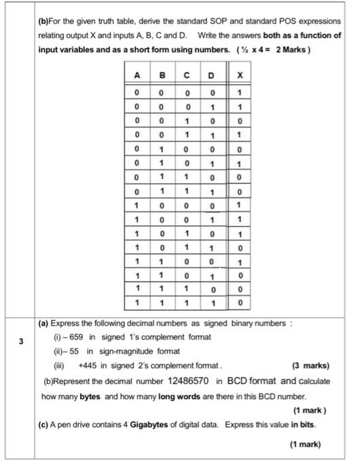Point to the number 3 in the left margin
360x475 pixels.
20,343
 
